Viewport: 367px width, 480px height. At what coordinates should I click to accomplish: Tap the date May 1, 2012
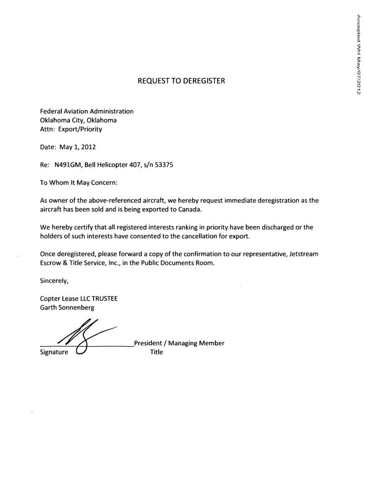click(x=77, y=147)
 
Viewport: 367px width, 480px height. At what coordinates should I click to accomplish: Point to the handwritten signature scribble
click(x=82, y=336)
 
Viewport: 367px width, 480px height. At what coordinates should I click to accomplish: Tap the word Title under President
click(x=156, y=352)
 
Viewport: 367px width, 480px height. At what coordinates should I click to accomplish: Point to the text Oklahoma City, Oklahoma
click(x=78, y=120)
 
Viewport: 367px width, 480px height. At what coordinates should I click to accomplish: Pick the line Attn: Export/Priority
click(x=71, y=129)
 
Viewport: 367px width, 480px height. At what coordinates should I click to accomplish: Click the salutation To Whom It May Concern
click(x=79, y=183)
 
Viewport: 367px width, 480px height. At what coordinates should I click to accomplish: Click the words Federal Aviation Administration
click(x=87, y=111)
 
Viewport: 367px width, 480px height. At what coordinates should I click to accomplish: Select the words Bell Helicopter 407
click(x=113, y=165)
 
